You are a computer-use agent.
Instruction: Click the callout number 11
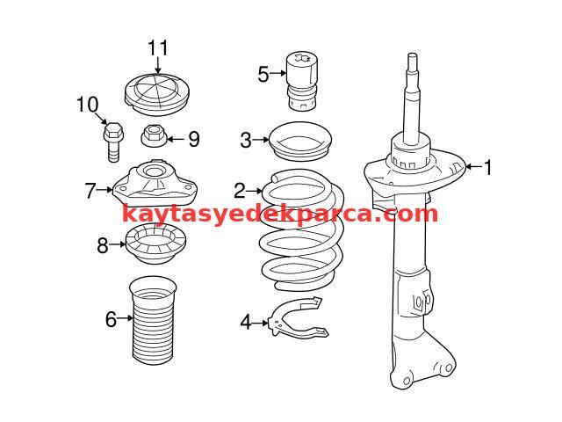pyautogui.click(x=158, y=48)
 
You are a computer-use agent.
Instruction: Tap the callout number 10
pyautogui.click(x=88, y=105)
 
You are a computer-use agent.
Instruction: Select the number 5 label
pyautogui.click(x=263, y=75)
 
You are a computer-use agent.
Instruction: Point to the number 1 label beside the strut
pyautogui.click(x=487, y=167)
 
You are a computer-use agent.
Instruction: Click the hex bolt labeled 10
pyautogui.click(x=113, y=142)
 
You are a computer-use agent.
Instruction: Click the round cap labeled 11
pyautogui.click(x=156, y=94)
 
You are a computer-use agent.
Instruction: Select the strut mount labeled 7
pyautogui.click(x=155, y=183)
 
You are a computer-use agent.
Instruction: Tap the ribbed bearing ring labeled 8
pyautogui.click(x=156, y=243)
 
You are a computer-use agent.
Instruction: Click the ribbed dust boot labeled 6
pyautogui.click(x=153, y=321)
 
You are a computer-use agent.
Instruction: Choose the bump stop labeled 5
pyautogui.click(x=302, y=82)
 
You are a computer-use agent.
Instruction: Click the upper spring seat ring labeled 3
pyautogui.click(x=300, y=142)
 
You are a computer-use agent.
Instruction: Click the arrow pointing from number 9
pyautogui.click(x=176, y=139)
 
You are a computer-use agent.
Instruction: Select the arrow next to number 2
pyautogui.click(x=254, y=192)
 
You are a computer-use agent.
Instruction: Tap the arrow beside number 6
pyautogui.click(x=125, y=318)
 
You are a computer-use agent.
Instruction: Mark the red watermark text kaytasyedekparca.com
pyautogui.click(x=280, y=215)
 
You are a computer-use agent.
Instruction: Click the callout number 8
pyautogui.click(x=103, y=245)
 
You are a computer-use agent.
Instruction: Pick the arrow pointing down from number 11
pyautogui.click(x=158, y=66)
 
